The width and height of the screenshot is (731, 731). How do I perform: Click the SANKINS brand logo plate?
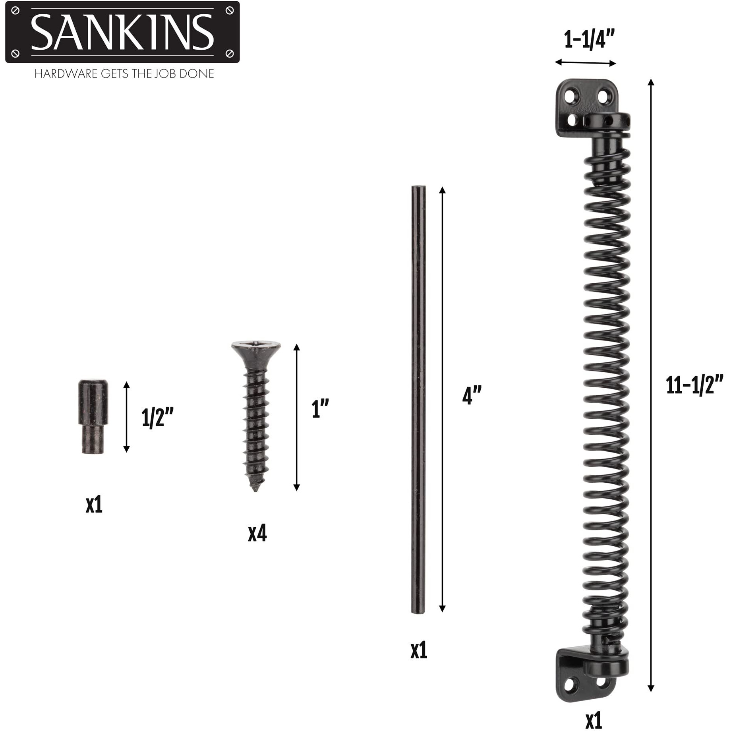pyautogui.click(x=122, y=32)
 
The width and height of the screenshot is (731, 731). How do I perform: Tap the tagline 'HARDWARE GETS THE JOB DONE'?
pyautogui.click(x=124, y=74)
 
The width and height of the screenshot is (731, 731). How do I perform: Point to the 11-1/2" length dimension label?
pyautogui.click(x=694, y=385)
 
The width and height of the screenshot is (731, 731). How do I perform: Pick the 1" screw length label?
pyautogui.click(x=320, y=408)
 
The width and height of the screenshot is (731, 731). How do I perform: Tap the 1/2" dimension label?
pyautogui.click(x=158, y=418)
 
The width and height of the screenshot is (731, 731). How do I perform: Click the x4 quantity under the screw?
pyautogui.click(x=257, y=533)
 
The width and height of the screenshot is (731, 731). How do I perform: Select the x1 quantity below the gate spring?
pyautogui.click(x=594, y=720)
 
